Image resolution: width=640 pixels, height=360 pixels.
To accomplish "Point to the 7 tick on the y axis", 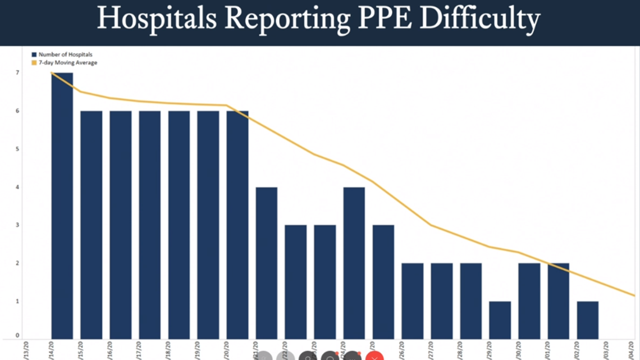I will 18,73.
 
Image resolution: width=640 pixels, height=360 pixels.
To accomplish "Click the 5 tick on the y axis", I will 18,149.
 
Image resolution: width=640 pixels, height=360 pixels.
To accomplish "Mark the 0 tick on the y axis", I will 18,336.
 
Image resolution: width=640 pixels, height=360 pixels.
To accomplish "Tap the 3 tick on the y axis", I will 18,225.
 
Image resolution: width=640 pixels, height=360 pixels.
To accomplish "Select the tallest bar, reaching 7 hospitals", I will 62,206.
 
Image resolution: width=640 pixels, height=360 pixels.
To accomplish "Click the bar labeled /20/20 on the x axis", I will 237,225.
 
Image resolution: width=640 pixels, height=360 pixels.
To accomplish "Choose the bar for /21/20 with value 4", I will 266,263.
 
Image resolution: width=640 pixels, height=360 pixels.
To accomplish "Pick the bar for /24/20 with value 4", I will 354,263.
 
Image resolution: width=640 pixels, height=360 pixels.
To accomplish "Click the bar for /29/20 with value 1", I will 500,320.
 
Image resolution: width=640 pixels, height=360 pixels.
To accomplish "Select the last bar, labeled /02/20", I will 587,320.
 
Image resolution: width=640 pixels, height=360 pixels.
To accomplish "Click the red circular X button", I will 374,356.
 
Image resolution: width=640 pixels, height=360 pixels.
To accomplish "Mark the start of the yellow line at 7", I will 52,73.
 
